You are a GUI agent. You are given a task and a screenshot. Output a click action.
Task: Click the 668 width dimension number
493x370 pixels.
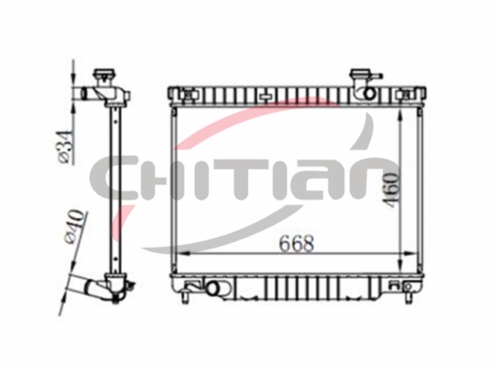coord(297,244)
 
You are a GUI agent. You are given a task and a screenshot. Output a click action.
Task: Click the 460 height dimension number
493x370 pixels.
coord(392,190)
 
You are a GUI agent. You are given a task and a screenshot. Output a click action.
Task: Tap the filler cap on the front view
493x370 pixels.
coord(361,75)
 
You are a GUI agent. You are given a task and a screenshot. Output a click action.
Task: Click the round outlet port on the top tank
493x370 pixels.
coord(369,93)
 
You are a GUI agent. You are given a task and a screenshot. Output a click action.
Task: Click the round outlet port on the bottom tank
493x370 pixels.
coord(214,288)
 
